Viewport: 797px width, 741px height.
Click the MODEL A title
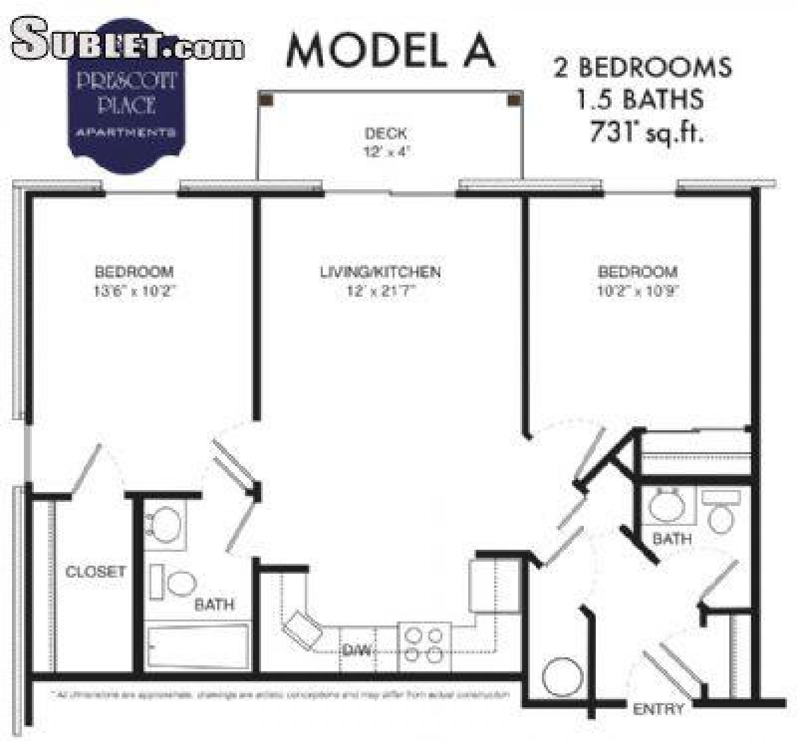(x=391, y=49)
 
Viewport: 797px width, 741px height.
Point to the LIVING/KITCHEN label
(x=380, y=272)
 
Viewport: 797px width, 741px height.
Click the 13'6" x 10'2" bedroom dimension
(x=134, y=290)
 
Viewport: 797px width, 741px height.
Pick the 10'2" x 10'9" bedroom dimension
(x=638, y=290)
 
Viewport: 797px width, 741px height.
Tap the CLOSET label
(x=95, y=571)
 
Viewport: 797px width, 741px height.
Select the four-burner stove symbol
(x=424, y=643)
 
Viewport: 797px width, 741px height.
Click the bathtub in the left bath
(x=197, y=647)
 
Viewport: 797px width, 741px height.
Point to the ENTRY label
(x=658, y=709)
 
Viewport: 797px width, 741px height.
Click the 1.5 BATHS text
(x=640, y=100)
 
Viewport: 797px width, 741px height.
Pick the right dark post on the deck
(x=513, y=100)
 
